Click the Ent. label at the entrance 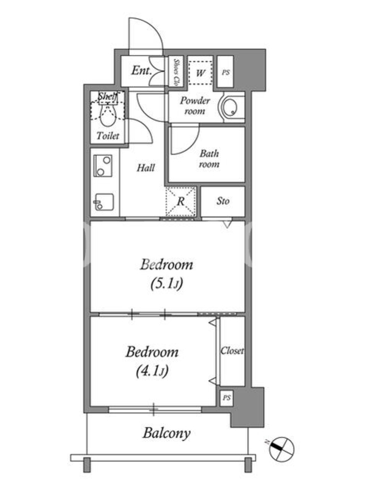click(x=141, y=70)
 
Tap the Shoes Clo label click(x=176, y=72)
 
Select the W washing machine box click(x=201, y=73)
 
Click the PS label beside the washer click(x=226, y=72)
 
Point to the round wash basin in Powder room click(x=231, y=107)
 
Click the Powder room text click(x=195, y=105)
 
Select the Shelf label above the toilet click(x=108, y=96)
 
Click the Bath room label click(x=209, y=159)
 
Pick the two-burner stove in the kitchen click(x=103, y=166)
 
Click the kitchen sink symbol click(x=104, y=202)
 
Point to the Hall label click(x=146, y=168)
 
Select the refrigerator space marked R click(x=180, y=202)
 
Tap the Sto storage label click(x=223, y=201)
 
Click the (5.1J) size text click(x=166, y=284)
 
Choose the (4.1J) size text click(x=152, y=371)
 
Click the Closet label click(x=232, y=350)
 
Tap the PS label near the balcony click(x=227, y=398)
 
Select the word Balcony click(x=166, y=434)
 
